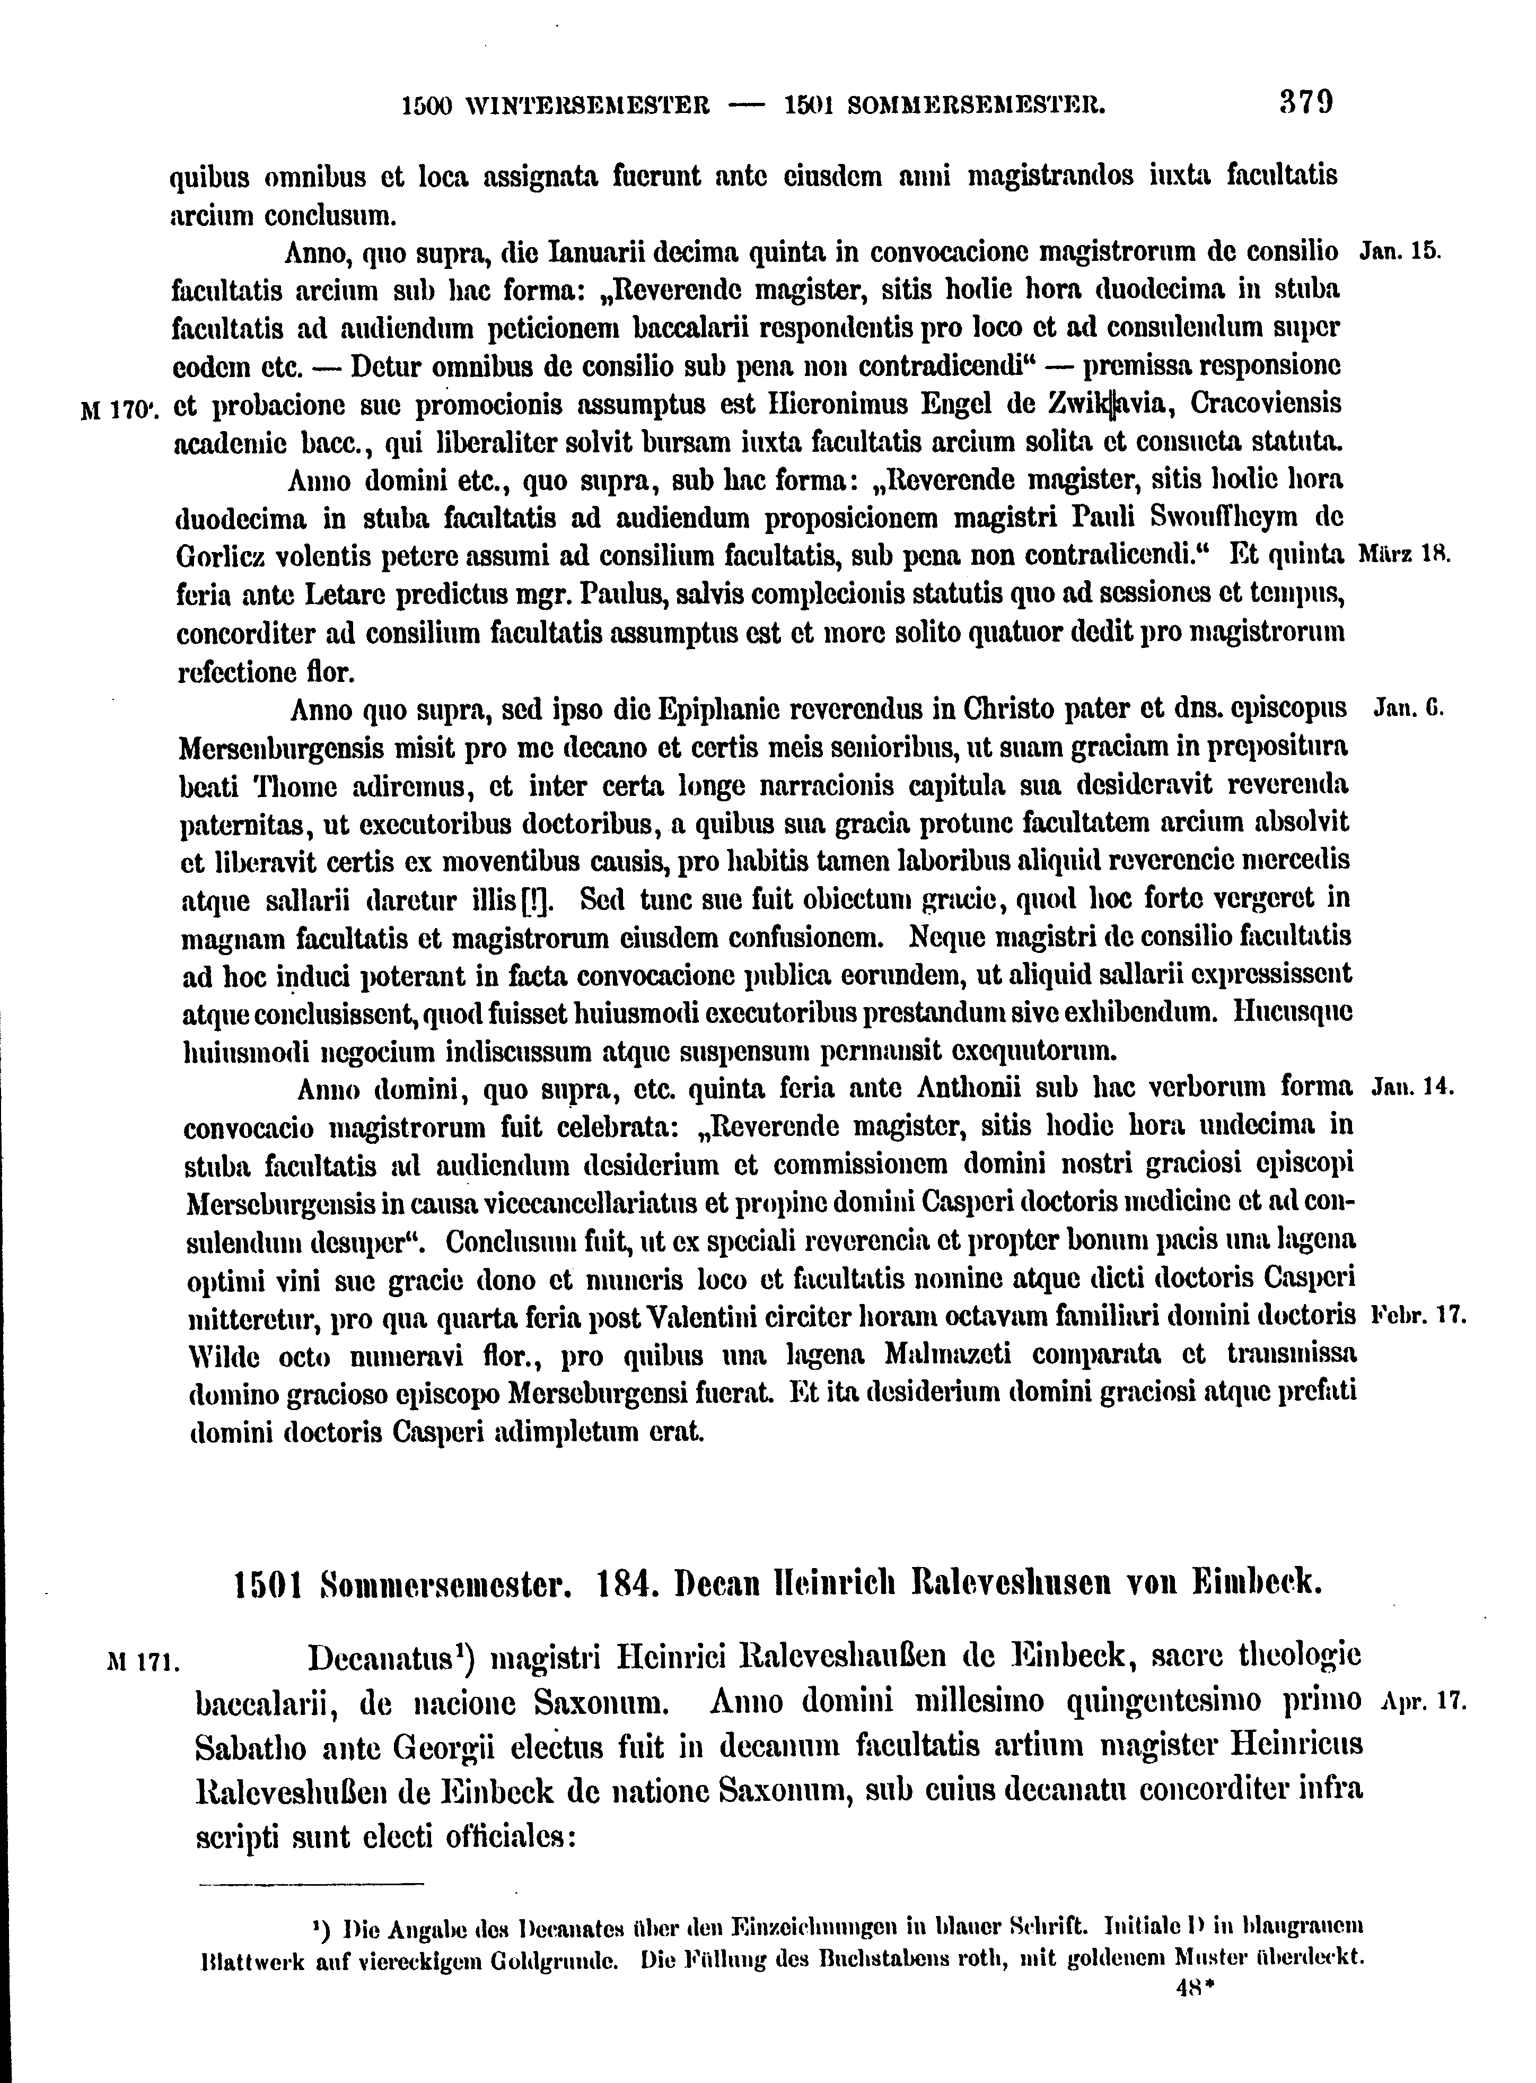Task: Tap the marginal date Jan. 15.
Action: [x=1399, y=251]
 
